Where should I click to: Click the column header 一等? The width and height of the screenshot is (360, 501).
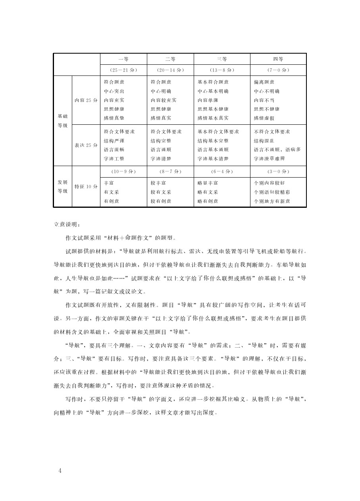coord(123,59)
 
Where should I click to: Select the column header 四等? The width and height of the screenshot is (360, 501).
coord(278,59)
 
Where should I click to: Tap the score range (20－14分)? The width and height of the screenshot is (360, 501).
coord(170,70)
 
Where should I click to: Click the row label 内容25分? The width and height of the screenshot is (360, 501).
coord(86,100)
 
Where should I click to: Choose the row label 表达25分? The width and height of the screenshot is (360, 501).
coord(86,145)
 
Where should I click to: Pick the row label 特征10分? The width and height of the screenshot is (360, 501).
coord(86,186)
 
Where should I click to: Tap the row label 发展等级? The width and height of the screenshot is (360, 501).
coord(63,186)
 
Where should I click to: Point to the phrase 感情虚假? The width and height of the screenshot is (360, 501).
coord(264,118)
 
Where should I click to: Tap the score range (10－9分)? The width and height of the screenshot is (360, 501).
coord(123,172)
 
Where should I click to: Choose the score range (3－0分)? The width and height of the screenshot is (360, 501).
coord(278,172)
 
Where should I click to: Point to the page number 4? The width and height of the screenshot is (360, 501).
coord(60,471)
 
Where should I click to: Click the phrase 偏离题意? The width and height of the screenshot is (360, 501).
coord(264,82)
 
